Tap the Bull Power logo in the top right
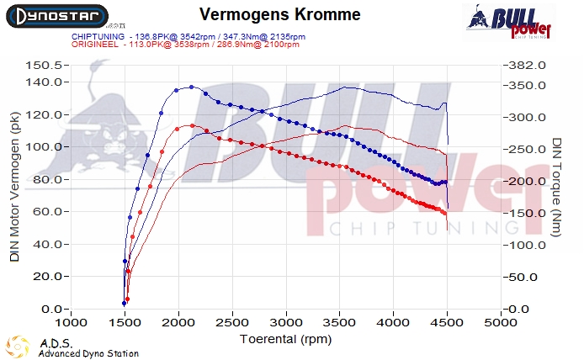[510, 24]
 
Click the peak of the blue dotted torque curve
[191, 87]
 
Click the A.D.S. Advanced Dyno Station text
[88, 348]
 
